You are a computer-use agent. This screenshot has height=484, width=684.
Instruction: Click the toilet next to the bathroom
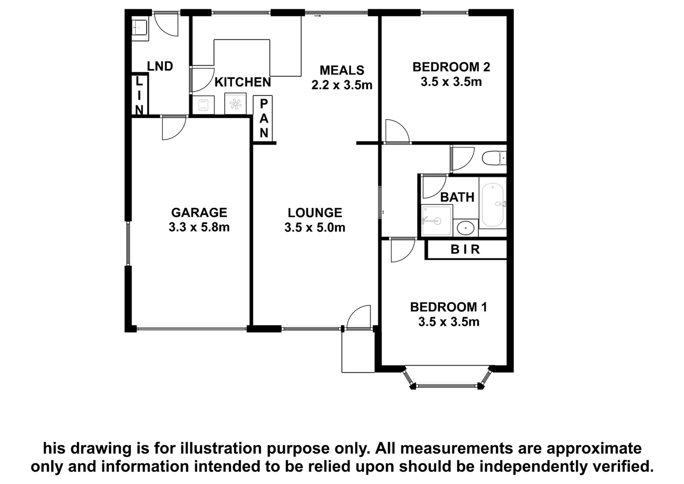[x=494, y=158]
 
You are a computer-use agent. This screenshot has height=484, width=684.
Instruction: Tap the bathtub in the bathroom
[x=492, y=205]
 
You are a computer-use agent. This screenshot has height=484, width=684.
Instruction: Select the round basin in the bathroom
[x=466, y=228]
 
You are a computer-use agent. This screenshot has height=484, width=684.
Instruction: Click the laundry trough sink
[x=139, y=28]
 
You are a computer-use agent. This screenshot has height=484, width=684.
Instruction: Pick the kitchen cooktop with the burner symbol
[x=236, y=104]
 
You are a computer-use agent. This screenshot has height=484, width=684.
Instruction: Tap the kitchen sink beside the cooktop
[x=203, y=105]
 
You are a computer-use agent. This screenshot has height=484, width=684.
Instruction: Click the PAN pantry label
[x=263, y=118]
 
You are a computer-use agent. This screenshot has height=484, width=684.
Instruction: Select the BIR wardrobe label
[x=466, y=249]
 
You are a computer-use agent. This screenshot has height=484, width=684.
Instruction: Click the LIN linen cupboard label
[x=139, y=96]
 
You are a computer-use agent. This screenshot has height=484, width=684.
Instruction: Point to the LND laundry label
[x=160, y=66]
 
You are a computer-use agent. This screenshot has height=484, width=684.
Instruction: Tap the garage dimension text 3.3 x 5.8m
[x=199, y=227]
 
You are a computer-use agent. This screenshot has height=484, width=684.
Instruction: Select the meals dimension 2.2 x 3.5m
[x=342, y=85]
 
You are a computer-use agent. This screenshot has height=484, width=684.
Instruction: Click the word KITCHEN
[x=243, y=82]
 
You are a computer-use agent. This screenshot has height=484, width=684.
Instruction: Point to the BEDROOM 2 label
[x=451, y=67]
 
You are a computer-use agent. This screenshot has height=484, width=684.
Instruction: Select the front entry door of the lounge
[x=359, y=318]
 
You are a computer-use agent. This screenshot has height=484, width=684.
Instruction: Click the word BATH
[x=457, y=197]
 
